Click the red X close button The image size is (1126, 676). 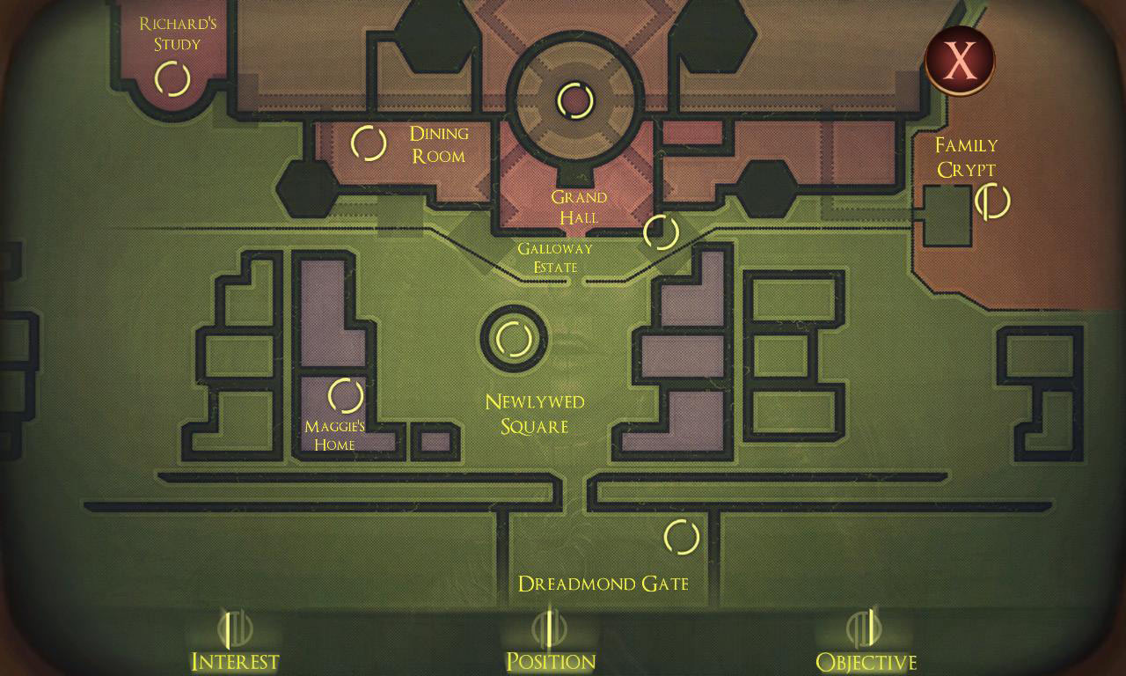coord(960,61)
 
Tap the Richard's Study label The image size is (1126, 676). coord(178,33)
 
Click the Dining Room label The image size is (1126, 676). coord(439,144)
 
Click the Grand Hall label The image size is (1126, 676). coord(579,207)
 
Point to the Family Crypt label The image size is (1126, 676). coord(966,158)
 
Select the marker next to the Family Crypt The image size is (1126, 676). coord(992,202)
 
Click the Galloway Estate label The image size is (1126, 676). coord(555,258)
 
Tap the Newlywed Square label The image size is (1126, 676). coord(534,414)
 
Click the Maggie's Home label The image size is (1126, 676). coord(334,436)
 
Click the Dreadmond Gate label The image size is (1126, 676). coord(603,584)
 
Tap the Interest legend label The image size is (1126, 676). coord(235,661)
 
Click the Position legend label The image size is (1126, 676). coord(551,661)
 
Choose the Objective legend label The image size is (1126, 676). coord(866,661)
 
